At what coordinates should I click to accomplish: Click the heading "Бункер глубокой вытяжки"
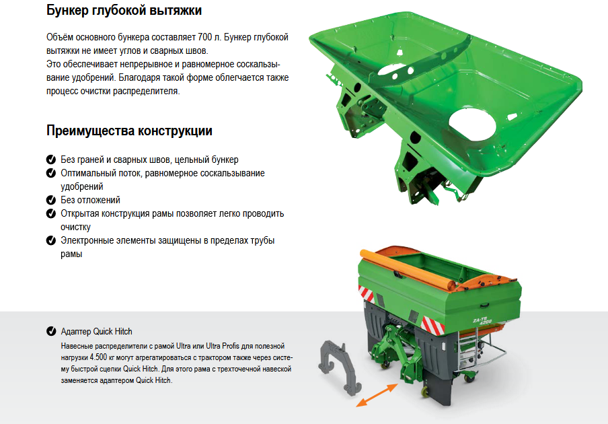[x=124, y=10]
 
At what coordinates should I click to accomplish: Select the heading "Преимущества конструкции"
[x=129, y=131]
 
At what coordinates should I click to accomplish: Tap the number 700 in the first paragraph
[x=205, y=37]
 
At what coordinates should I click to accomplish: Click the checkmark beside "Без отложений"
[x=51, y=200]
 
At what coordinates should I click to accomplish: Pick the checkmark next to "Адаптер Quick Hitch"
[x=51, y=331]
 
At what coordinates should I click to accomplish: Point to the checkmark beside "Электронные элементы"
[x=51, y=240]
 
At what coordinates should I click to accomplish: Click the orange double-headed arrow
[x=377, y=395]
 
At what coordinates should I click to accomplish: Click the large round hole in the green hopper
[x=472, y=124]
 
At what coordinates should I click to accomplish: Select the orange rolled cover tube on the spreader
[x=407, y=270]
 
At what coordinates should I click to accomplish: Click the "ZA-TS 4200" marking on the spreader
[x=482, y=321]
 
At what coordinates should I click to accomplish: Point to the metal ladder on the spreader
[x=467, y=349]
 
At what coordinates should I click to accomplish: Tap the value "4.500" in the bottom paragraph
[x=98, y=357]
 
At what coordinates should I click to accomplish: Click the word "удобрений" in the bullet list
[x=82, y=186]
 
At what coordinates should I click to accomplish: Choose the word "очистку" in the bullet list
[x=75, y=227]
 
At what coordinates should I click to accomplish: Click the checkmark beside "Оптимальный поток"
[x=51, y=173]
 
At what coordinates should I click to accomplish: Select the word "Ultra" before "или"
[x=183, y=346]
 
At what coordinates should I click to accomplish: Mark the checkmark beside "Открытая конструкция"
[x=51, y=213]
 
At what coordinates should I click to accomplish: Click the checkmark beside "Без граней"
[x=51, y=160]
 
